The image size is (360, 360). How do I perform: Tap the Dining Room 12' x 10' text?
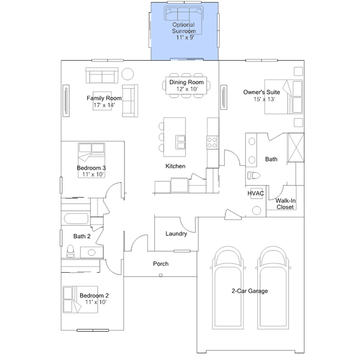coord(186,86)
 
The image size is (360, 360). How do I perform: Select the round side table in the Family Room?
coord(128,74)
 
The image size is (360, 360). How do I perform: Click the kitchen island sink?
coord(181,142)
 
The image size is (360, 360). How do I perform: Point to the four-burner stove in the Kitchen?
coord(212,143)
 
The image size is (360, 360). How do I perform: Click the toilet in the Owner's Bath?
coord(254,176)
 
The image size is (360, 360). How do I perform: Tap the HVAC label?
coord(256,194)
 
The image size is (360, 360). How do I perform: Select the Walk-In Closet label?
coord(286,203)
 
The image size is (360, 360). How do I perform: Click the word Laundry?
coord(176,234)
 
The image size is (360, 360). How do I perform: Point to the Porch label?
coord(161,264)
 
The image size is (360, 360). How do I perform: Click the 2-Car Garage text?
coord(250,291)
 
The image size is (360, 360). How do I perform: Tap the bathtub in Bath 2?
coord(76,219)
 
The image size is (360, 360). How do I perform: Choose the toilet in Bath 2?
coord(70,251)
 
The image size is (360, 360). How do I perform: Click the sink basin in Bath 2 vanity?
coord(91,252)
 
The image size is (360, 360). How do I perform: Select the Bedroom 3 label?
coord(91,171)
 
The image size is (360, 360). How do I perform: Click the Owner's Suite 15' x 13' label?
coord(261,96)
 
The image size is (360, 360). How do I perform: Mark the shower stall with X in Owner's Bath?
coord(296,148)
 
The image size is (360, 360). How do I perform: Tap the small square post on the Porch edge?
coord(161,275)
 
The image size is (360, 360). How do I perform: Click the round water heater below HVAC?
coord(256,210)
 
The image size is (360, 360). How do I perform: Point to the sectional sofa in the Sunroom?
coord(184,14)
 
